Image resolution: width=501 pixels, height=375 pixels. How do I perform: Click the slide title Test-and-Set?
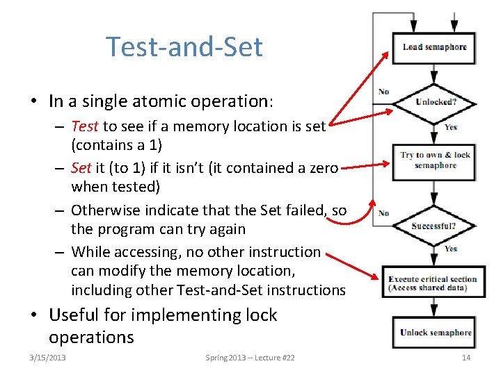point(184,47)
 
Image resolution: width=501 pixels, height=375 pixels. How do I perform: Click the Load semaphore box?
point(434,47)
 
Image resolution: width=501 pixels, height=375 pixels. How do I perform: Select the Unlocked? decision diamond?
point(436,102)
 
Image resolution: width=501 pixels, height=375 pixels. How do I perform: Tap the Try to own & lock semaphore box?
point(435,160)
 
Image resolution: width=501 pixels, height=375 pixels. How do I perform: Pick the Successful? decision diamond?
point(434,226)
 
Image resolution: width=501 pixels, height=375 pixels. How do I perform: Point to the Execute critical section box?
point(433,283)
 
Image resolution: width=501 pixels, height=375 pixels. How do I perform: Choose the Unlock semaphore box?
point(436,333)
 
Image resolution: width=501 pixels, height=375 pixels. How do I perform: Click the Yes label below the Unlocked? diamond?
point(451,127)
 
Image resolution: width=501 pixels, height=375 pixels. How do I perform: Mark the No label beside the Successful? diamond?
point(383,213)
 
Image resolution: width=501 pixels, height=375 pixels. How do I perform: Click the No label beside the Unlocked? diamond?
point(383,92)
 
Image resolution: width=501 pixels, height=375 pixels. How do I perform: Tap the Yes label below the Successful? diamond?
point(451,249)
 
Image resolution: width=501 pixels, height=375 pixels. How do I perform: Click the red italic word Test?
point(85,126)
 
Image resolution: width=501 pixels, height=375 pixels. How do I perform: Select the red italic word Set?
point(81,168)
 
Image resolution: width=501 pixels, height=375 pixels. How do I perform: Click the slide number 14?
point(466,358)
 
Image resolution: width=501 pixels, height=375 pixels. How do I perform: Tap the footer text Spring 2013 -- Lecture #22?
point(250,358)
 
